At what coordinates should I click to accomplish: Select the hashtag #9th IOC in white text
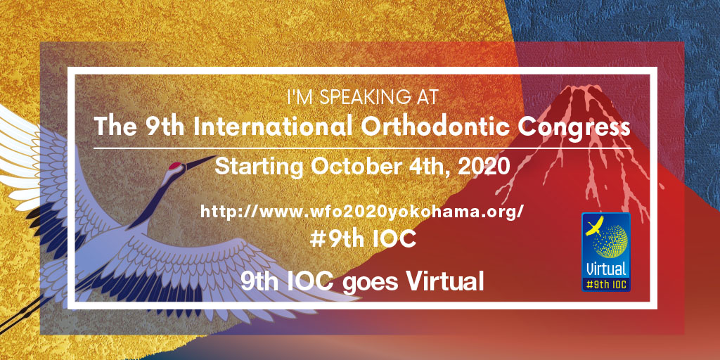click(x=363, y=239)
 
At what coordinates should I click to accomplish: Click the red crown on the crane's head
click(x=175, y=165)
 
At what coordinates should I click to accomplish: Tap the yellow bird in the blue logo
click(x=595, y=226)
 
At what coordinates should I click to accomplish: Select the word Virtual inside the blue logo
click(x=606, y=268)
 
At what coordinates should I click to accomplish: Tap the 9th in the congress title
click(x=165, y=127)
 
